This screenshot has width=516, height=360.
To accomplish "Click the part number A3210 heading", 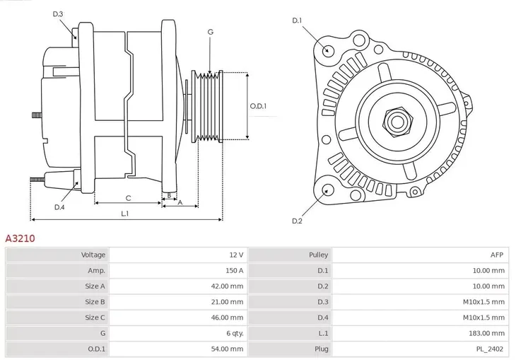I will [x=20, y=238].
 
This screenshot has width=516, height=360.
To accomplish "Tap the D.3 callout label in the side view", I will [x=58, y=13].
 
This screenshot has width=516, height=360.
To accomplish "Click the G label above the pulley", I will [x=211, y=32].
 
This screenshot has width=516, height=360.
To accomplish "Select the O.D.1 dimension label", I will [x=258, y=106].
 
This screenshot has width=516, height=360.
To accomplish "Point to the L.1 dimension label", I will [x=124, y=213].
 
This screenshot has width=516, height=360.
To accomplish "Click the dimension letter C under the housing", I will [x=128, y=198].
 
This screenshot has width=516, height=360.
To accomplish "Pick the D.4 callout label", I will [x=59, y=207].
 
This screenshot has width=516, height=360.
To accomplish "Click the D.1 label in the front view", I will [x=297, y=21].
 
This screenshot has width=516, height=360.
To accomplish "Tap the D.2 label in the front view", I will [x=297, y=221].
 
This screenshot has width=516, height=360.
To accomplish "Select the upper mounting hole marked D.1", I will [x=327, y=50].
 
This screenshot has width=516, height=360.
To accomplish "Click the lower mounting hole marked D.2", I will [x=327, y=190].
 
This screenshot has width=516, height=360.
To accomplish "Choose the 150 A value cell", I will [x=235, y=270].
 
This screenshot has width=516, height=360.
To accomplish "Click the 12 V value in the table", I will [x=236, y=255].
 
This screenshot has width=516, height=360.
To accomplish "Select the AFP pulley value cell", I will [x=498, y=255].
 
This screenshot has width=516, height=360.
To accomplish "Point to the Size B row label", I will [x=95, y=302].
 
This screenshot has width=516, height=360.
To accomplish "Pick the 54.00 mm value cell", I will [x=227, y=349].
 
